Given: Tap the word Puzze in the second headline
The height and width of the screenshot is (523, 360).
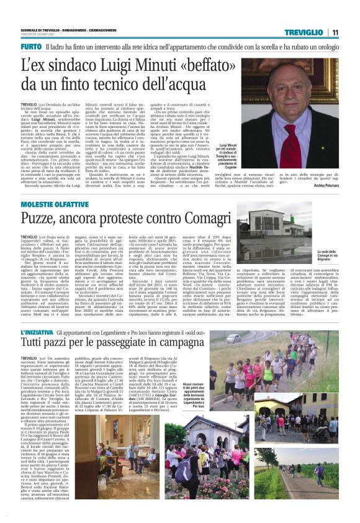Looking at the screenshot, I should [41, 219].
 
